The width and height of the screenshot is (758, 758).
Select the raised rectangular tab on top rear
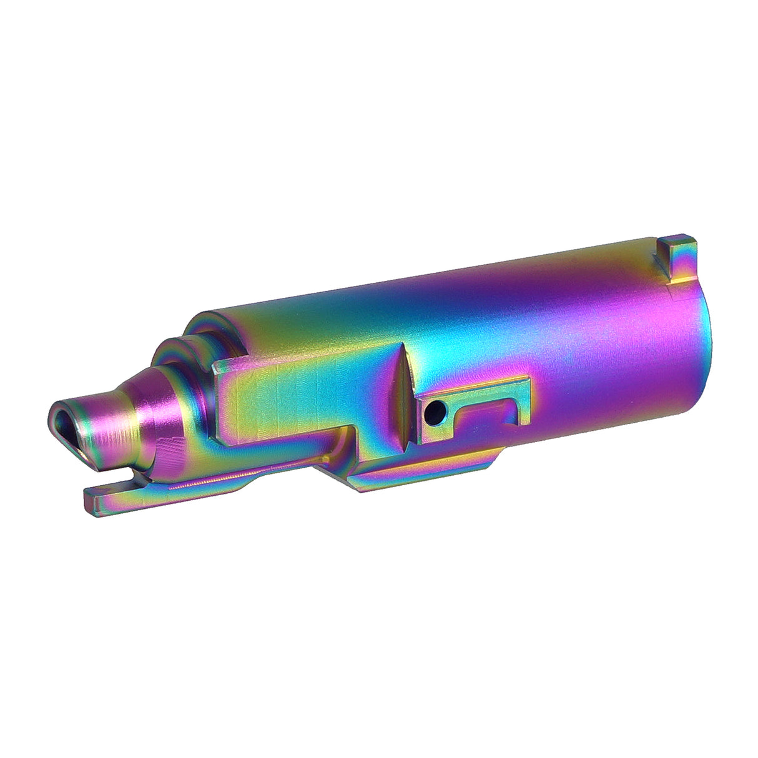[677, 253]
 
